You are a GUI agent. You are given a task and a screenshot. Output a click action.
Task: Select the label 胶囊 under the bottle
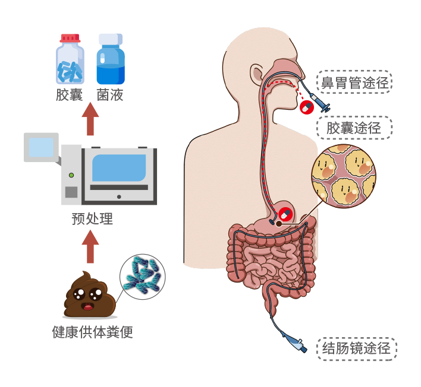70,95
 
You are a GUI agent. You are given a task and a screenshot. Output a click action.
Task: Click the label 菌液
110,95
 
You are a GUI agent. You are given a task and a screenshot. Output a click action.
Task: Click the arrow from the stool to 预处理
90,246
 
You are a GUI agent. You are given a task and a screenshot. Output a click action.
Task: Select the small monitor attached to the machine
40,147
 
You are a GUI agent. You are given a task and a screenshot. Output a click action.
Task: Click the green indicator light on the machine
71,175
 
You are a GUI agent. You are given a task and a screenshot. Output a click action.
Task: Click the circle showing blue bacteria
142,277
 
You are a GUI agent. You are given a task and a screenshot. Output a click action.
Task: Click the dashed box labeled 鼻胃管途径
354,83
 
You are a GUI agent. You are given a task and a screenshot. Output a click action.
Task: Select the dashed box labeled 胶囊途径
354,128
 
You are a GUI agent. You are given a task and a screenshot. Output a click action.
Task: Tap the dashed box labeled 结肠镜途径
356,348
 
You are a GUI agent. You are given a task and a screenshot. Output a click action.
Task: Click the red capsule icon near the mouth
307,107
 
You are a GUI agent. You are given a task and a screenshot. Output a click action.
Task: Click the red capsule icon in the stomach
285,214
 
